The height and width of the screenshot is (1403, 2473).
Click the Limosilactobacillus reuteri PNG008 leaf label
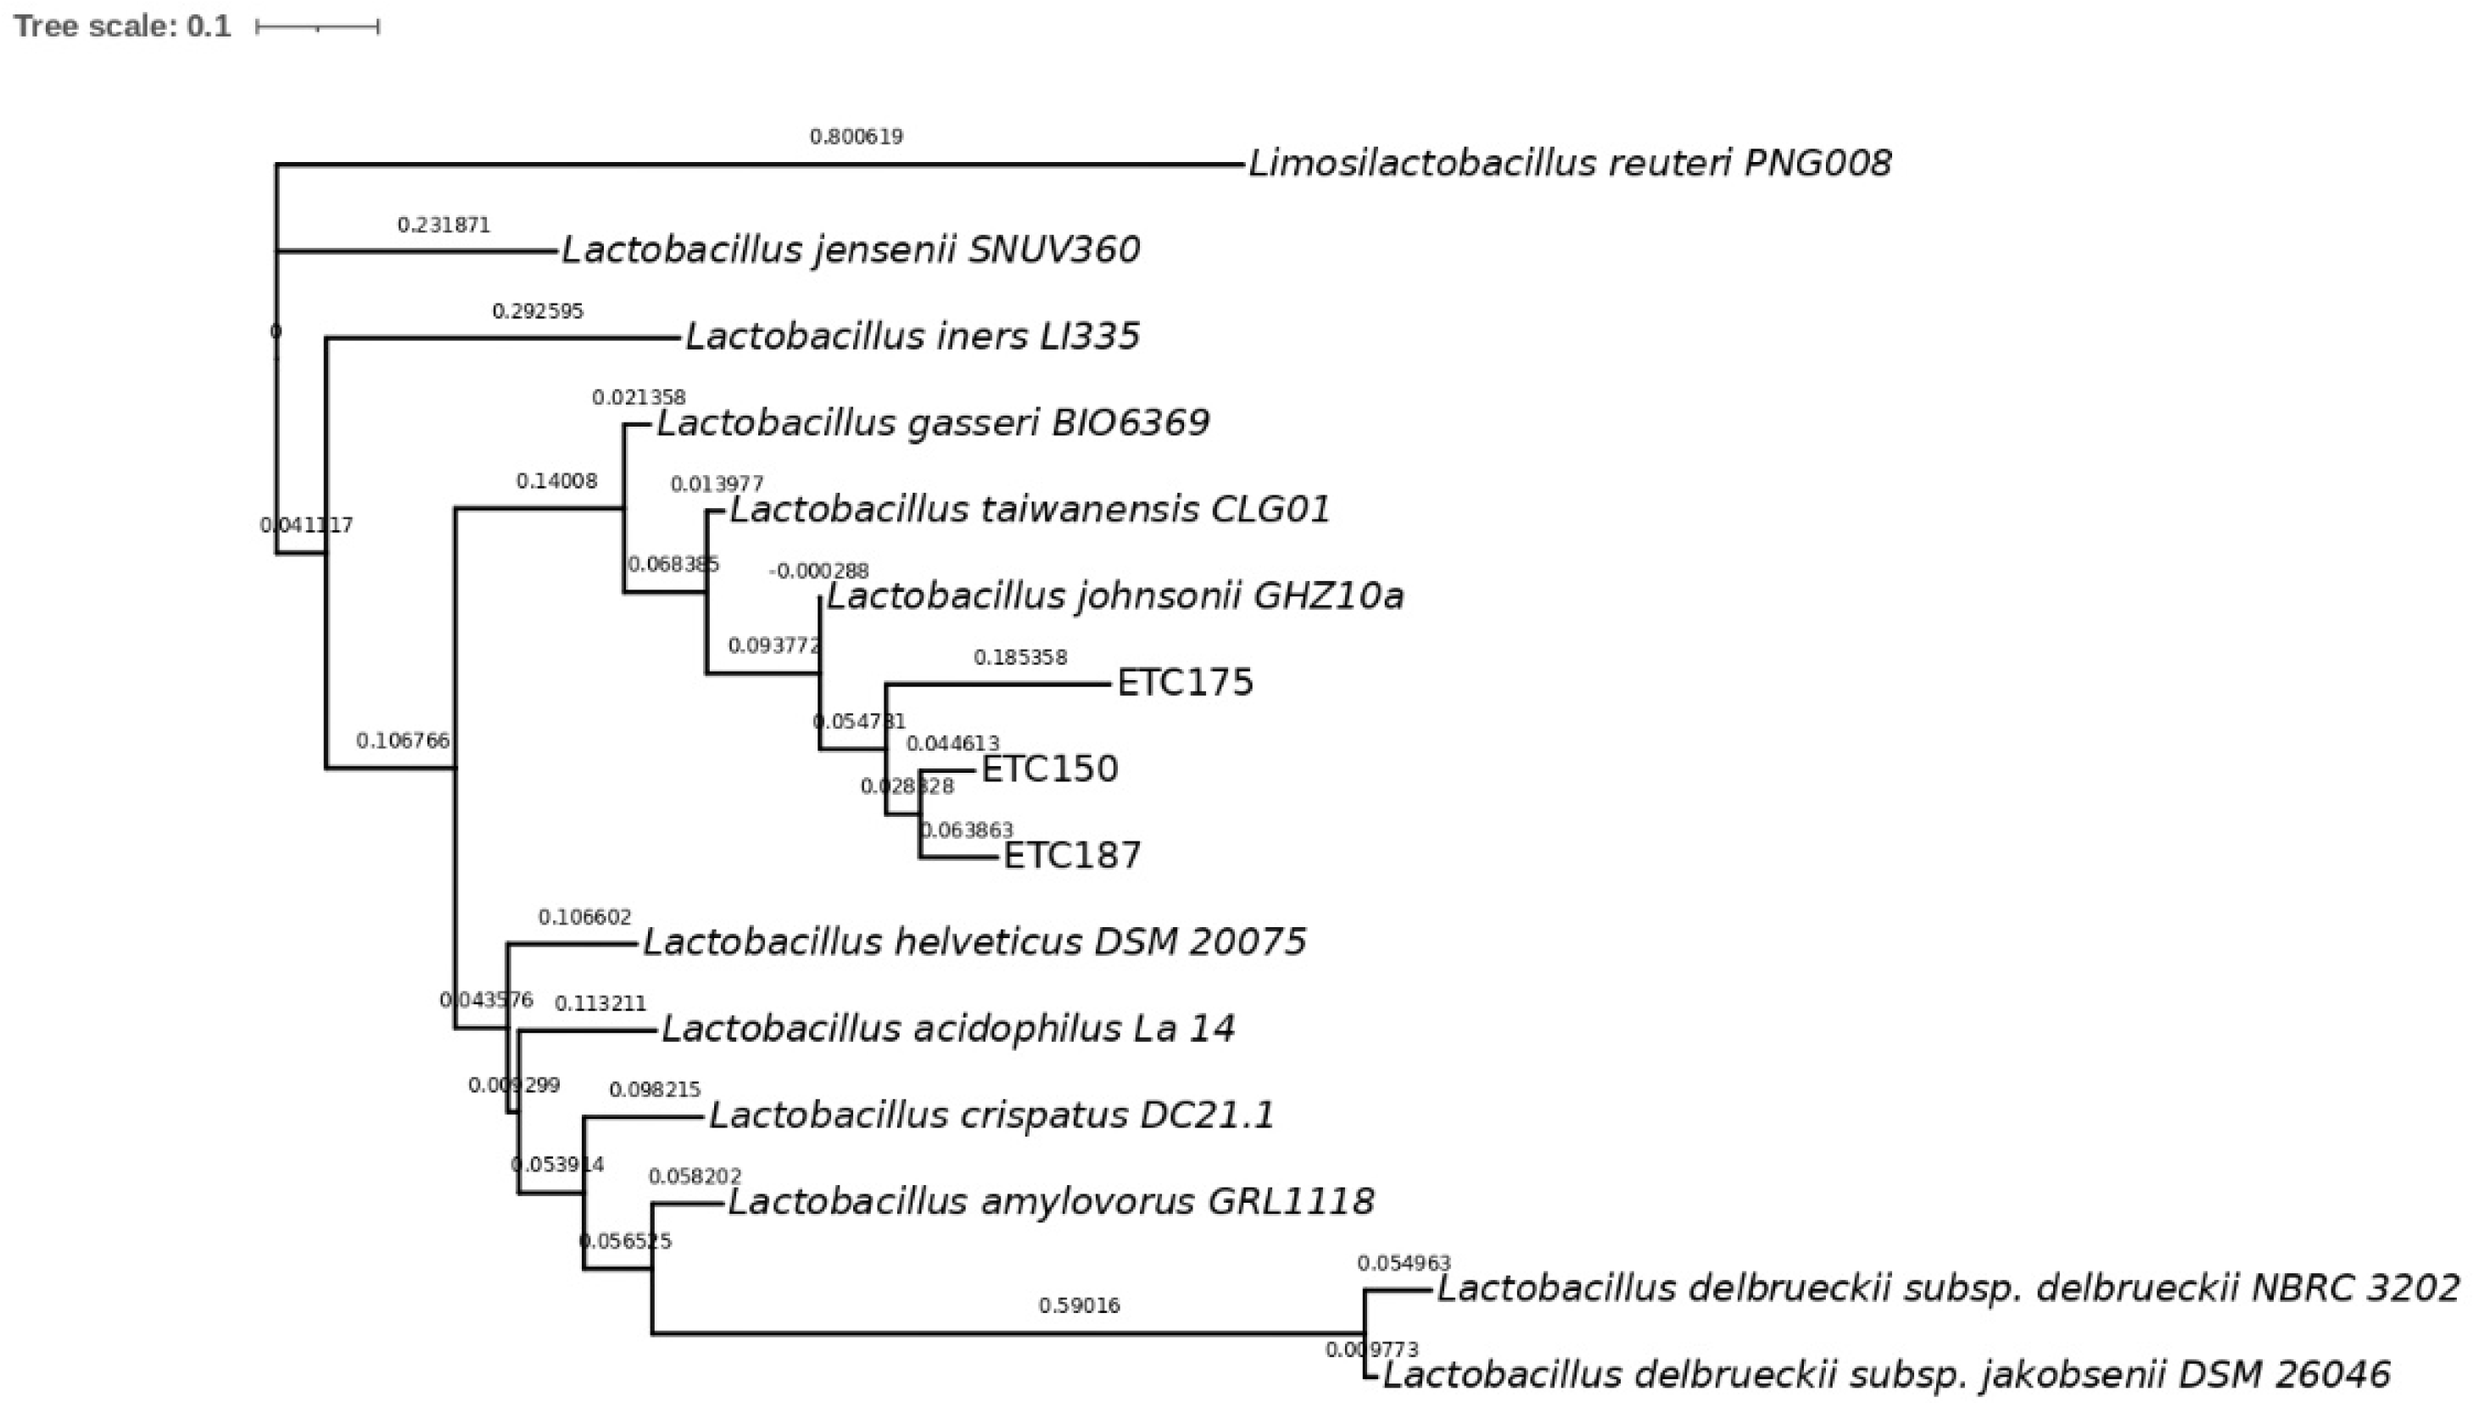point(1569,163)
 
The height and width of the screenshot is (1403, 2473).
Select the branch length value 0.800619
point(856,137)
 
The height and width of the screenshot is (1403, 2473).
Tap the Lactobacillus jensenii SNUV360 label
point(851,249)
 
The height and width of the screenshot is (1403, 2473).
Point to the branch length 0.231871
point(444,225)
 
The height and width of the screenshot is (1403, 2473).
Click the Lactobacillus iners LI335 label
point(912,336)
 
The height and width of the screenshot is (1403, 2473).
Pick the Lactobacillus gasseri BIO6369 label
point(933,422)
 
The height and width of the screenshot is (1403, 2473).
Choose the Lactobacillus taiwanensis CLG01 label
point(1029,509)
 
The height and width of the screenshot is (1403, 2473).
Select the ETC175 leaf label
point(1184,682)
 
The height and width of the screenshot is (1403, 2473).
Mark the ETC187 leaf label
point(1071,855)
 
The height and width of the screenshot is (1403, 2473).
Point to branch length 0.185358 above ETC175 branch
point(1019,657)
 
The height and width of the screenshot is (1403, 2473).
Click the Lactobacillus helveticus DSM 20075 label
point(974,942)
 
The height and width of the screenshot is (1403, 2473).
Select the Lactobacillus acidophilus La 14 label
point(947,1028)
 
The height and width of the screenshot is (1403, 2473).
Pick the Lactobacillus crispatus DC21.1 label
point(991,1115)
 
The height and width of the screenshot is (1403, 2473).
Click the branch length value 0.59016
point(1078,1305)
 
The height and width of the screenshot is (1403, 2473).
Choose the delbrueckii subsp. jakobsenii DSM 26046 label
point(1886,1373)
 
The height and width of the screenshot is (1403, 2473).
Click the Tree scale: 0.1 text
point(122,26)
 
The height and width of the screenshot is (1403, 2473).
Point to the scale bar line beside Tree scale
point(317,27)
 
